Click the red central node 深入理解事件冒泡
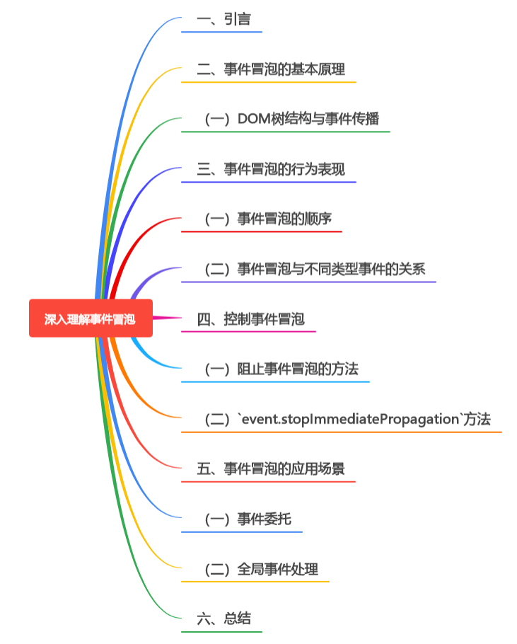pyautogui.click(x=91, y=319)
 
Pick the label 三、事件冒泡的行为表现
pyautogui.click(x=271, y=169)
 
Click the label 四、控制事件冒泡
pyautogui.click(x=250, y=319)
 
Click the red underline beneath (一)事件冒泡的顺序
pyautogui.click(x=262, y=231)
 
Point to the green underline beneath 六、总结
pyautogui.click(x=221, y=631)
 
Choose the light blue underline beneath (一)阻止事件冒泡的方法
pyautogui.click(x=276, y=381)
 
